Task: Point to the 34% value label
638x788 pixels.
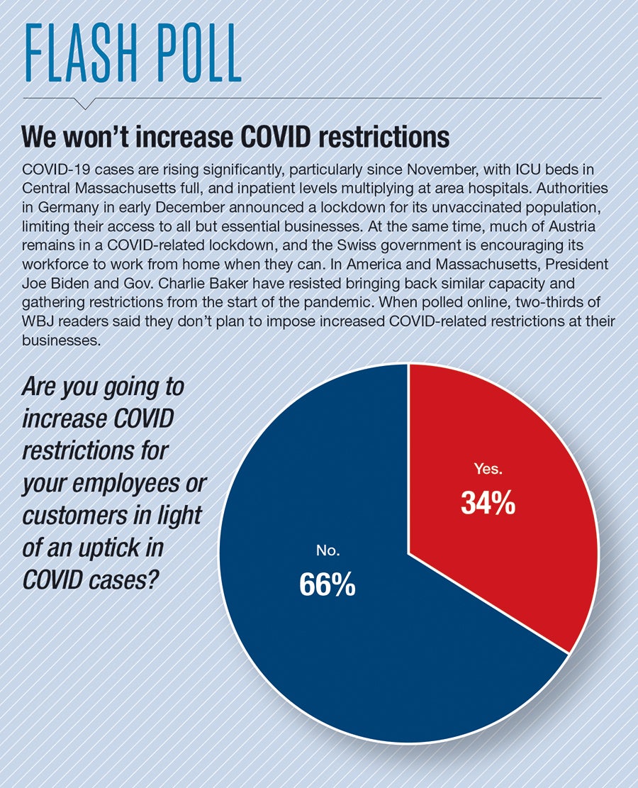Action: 487,503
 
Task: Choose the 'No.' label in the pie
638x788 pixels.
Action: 325,550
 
